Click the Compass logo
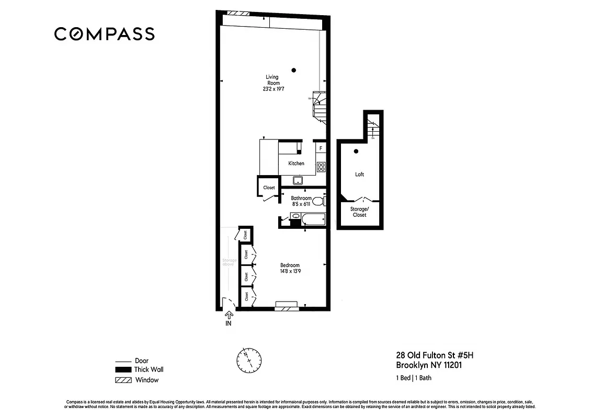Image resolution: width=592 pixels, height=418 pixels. pyautogui.click(x=105, y=34)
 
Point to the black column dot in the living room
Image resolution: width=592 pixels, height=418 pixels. pyautogui.click(x=294, y=70)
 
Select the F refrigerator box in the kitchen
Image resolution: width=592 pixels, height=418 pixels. pyautogui.click(x=321, y=148)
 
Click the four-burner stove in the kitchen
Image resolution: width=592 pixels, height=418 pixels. pyautogui.click(x=321, y=167)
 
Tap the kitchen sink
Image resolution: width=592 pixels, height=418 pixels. pyautogui.click(x=298, y=181)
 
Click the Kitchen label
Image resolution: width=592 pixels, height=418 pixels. pyautogui.click(x=296, y=164)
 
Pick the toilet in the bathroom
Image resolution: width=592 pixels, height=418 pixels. pyautogui.click(x=323, y=201)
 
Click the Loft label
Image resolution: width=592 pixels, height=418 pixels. pyautogui.click(x=359, y=175)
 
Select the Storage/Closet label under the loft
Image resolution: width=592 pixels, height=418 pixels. pyautogui.click(x=360, y=212)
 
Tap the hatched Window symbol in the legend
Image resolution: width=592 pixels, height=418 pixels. pyautogui.click(x=123, y=380)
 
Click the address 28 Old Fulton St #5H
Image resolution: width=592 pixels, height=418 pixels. pyautogui.click(x=435, y=355)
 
